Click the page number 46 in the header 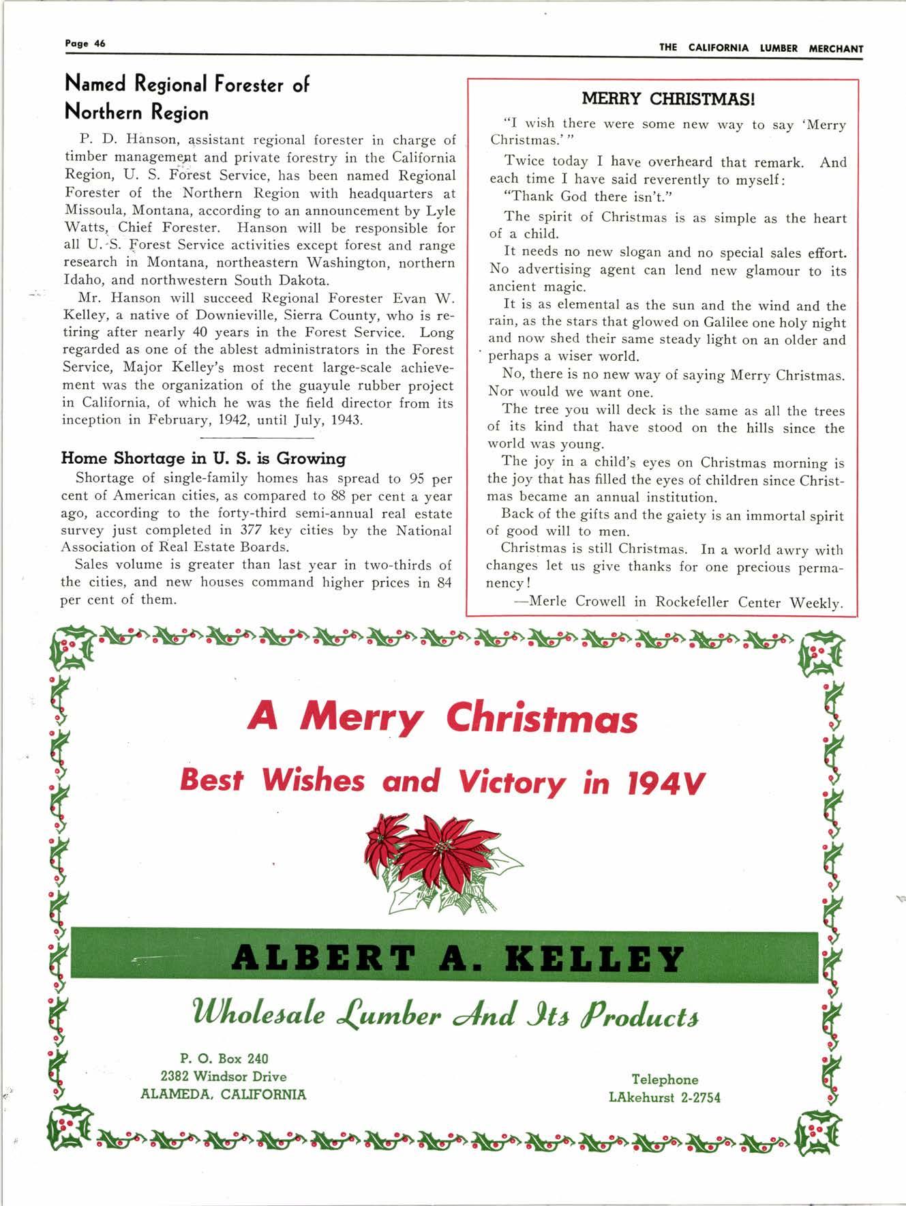tap(100, 43)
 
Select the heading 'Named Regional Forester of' tap(186, 85)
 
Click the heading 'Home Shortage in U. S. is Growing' tap(203, 458)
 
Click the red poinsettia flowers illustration tap(436, 857)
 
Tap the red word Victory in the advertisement tap(511, 781)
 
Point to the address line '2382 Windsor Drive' tap(224, 1076)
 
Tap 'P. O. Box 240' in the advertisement tap(224, 1059)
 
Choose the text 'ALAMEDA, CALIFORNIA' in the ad tap(224, 1094)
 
